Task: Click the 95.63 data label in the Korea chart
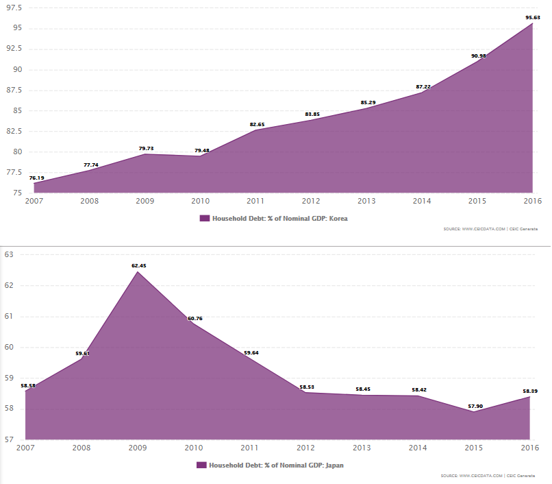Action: coord(533,17)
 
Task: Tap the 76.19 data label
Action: coord(37,178)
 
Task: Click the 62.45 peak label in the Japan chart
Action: coord(139,265)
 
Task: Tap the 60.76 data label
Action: coord(195,318)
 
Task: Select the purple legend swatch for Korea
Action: coord(204,218)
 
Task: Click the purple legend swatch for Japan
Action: coord(201,465)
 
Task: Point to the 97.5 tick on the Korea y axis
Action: coord(14,8)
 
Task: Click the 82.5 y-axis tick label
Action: coord(14,131)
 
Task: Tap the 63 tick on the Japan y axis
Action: coord(10,254)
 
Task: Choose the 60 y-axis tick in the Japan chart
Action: coord(10,347)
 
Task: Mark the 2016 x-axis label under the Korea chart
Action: coord(532,201)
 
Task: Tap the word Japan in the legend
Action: coord(334,465)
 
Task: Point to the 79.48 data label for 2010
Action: coord(201,150)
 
